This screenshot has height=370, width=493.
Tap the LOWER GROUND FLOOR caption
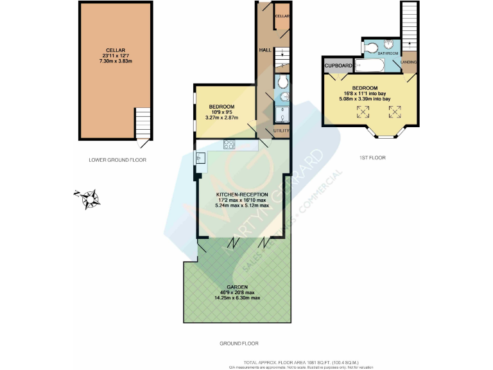point(117,159)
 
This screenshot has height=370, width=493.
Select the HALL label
point(264,49)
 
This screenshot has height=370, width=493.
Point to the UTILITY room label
point(281,130)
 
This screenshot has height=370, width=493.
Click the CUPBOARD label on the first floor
point(338,66)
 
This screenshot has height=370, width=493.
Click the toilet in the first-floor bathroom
point(370,47)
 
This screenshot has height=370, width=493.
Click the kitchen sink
point(200,157)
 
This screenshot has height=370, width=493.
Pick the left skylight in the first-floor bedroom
point(364,112)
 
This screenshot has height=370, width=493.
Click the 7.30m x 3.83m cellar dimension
point(116,62)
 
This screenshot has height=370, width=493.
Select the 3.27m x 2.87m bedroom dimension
point(221,118)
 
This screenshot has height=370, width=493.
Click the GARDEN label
point(237,287)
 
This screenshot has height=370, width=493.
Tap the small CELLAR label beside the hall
point(282,16)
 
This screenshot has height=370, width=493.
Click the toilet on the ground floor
point(283,81)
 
